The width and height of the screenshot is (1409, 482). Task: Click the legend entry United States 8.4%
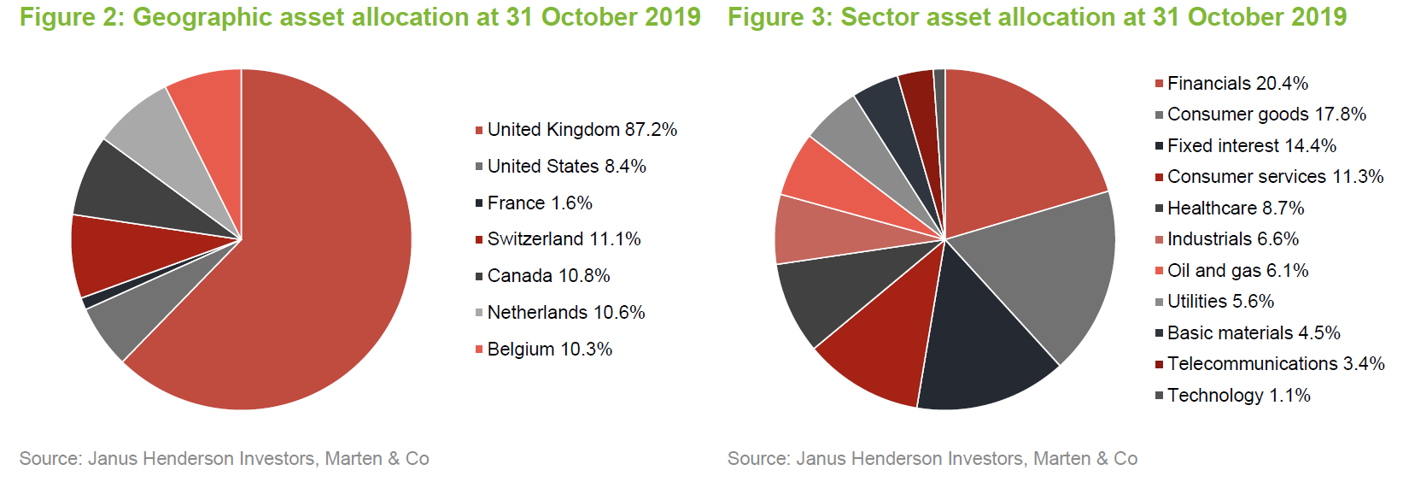[566, 167]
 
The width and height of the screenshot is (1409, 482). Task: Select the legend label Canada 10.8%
[548, 276]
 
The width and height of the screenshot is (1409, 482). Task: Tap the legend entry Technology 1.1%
[1238, 396]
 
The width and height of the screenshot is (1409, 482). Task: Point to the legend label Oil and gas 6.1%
[1237, 271]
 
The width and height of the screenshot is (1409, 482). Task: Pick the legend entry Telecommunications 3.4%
[1275, 364]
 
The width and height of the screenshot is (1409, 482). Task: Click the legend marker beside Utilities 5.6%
[1159, 303]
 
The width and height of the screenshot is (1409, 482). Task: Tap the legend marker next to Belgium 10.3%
[479, 350]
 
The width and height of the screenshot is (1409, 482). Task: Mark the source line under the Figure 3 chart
[932, 459]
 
